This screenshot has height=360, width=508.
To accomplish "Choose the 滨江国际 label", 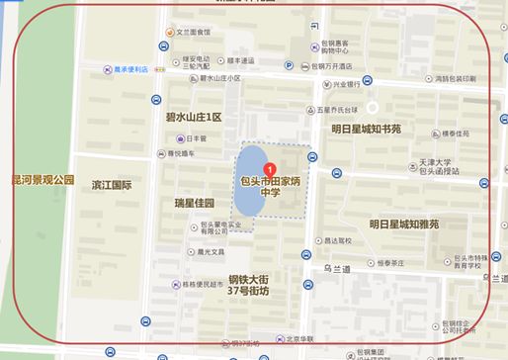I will (x=111, y=185).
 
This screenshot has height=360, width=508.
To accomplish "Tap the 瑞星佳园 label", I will (x=194, y=203).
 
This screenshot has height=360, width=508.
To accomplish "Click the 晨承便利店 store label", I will (x=129, y=69).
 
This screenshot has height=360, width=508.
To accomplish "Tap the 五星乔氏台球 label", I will (x=337, y=110).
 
